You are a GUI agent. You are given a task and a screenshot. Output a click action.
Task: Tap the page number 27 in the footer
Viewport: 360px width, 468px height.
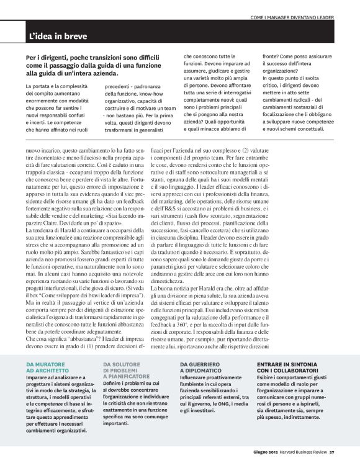[332, 451]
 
